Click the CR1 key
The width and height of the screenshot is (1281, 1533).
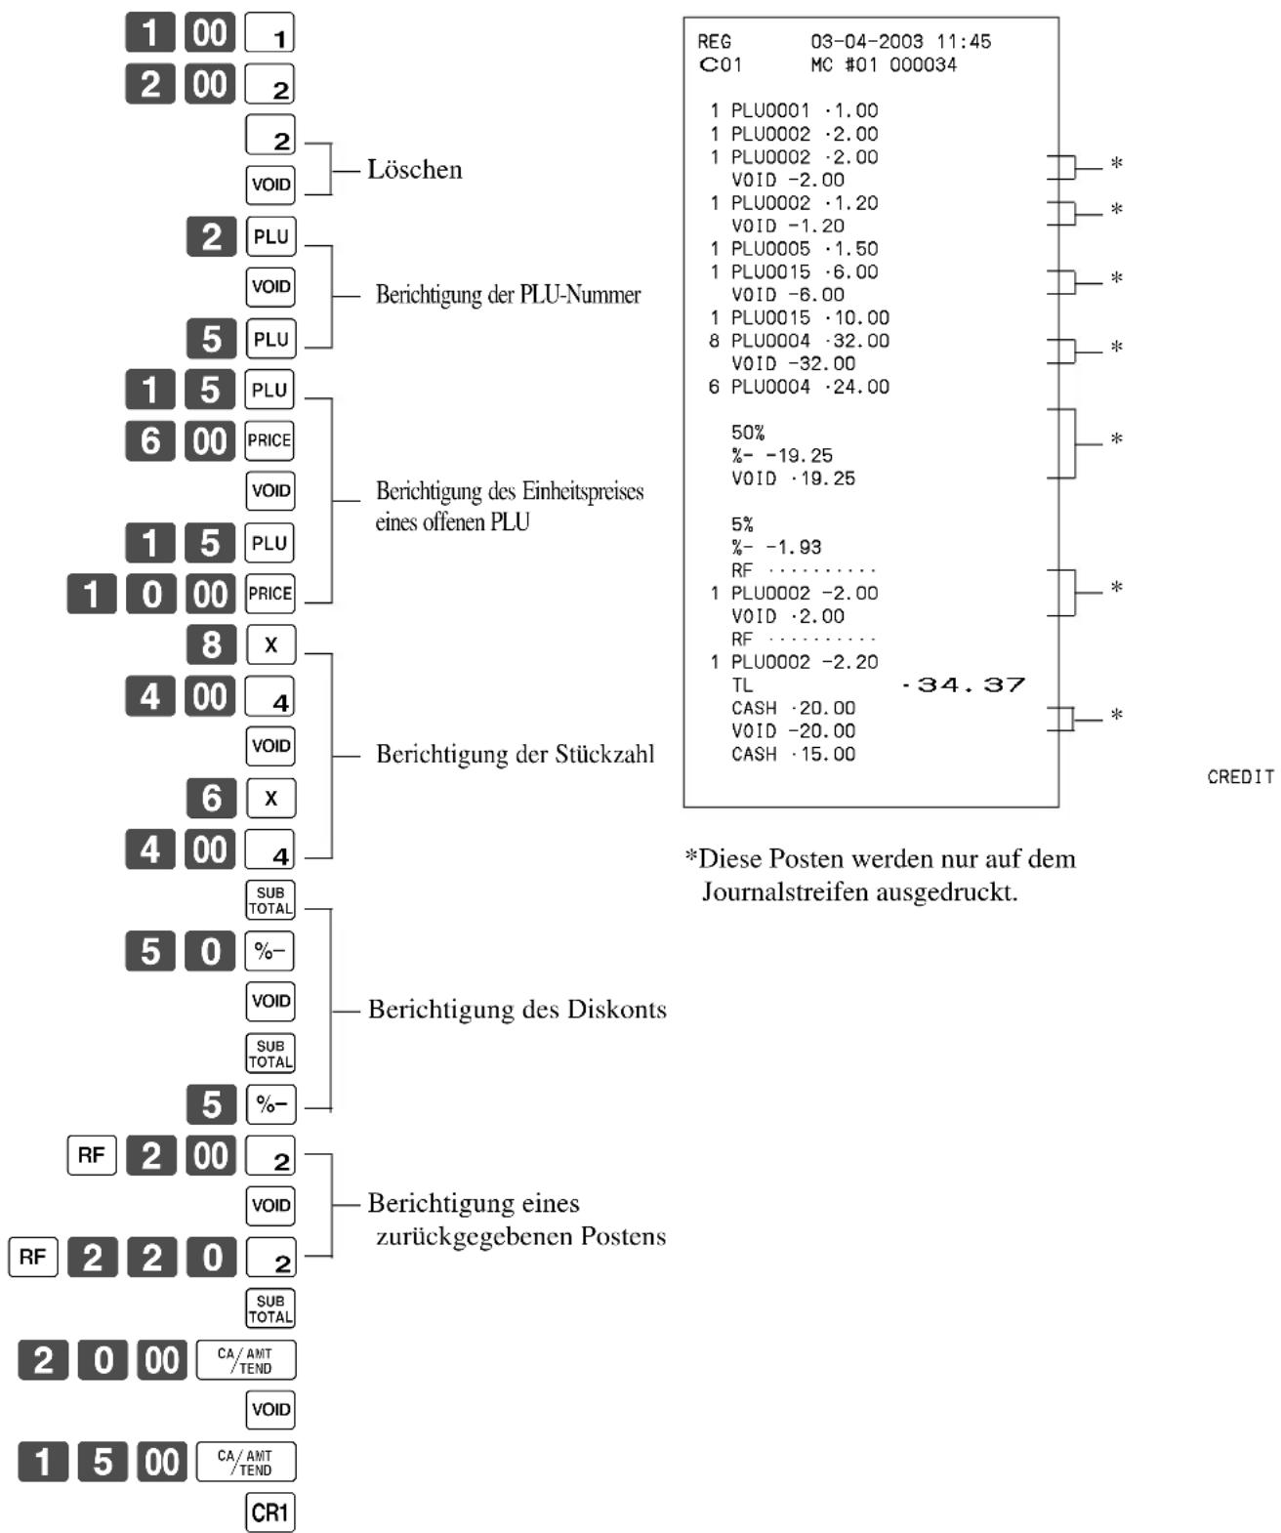(270, 1512)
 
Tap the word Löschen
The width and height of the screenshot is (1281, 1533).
(415, 169)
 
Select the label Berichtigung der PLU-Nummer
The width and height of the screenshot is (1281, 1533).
(508, 295)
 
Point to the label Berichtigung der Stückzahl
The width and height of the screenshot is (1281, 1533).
(515, 754)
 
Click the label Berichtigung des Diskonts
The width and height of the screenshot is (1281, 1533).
(517, 1010)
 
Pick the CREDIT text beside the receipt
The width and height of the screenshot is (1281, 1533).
(1241, 777)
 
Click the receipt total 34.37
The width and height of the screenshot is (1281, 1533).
(963, 685)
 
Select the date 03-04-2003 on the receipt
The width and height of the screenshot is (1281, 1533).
(866, 41)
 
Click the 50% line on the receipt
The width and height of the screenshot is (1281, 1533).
(747, 433)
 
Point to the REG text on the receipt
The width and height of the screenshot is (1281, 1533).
(715, 41)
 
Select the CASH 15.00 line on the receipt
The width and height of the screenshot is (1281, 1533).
(794, 754)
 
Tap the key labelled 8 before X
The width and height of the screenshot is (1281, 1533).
(212, 643)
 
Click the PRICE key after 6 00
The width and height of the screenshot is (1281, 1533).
(270, 439)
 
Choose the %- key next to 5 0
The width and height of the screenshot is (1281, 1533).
(270, 951)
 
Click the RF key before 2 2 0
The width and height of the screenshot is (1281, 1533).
(33, 1257)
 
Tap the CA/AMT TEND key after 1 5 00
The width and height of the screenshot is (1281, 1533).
(246, 1461)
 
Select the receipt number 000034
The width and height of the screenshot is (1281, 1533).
(924, 64)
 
